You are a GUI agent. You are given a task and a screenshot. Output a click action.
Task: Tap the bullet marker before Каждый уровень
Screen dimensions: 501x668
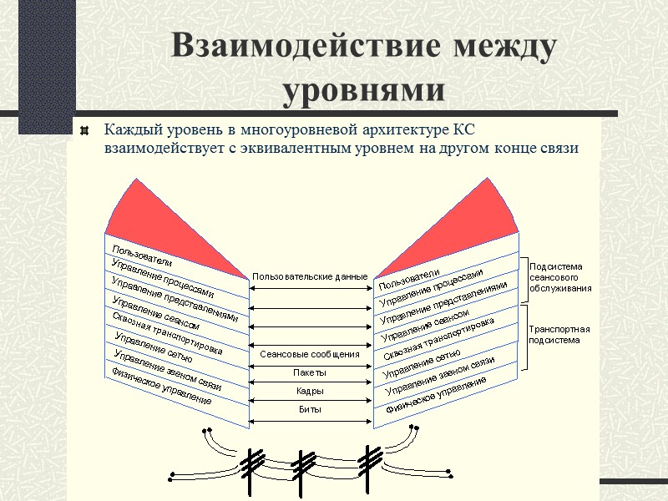pos(83,131)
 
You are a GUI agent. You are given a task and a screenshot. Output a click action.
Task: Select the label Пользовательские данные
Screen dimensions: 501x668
pos(310,276)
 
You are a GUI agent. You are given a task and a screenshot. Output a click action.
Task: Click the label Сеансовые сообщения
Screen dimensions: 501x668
pos(310,354)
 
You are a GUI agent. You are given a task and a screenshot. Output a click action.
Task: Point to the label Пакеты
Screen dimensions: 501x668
pos(310,372)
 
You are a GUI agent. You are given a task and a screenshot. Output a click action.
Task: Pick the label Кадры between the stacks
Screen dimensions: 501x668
pos(310,391)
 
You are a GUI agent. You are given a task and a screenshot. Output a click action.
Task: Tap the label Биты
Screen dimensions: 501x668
pos(310,409)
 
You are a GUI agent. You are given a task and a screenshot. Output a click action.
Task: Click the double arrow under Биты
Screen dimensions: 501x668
pos(310,422)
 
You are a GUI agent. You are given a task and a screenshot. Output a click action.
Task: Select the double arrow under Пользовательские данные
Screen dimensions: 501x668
pos(310,289)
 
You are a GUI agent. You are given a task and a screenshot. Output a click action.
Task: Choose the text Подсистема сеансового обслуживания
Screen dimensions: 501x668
pos(560,277)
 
